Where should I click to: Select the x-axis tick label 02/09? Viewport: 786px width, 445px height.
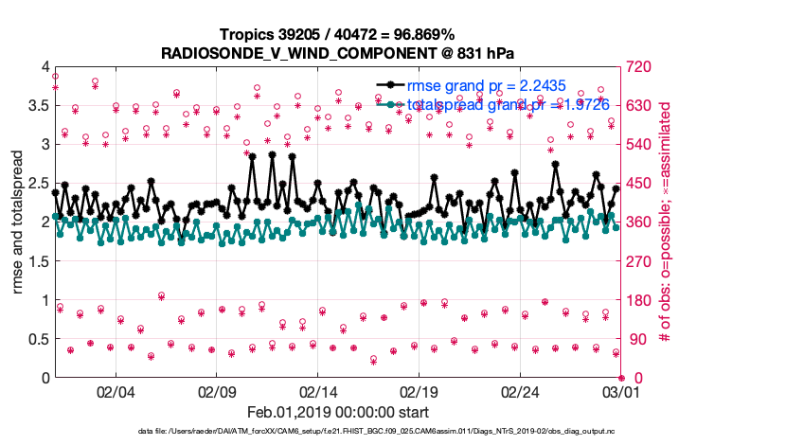[x=217, y=391]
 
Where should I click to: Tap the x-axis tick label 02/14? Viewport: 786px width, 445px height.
[x=319, y=391]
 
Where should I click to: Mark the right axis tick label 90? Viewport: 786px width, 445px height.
[x=630, y=339]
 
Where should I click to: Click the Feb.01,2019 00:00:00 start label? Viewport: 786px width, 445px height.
[x=338, y=412]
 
